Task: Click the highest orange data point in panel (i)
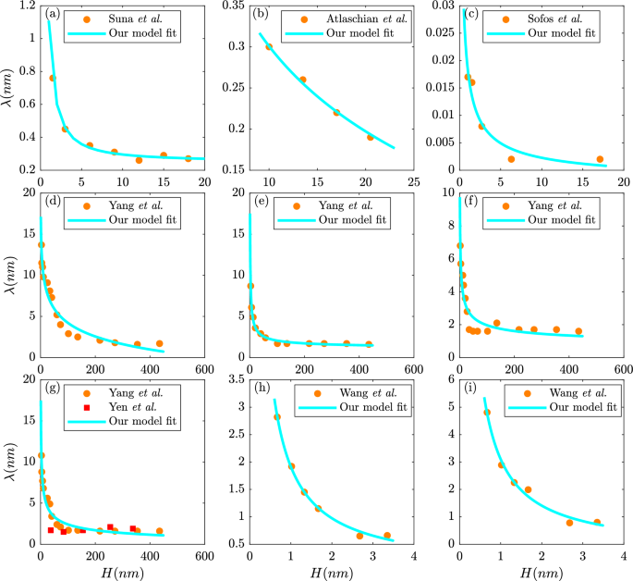pos(487,413)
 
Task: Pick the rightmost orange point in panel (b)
pos(370,137)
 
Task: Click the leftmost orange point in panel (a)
pos(53,78)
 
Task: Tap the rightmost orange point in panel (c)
pos(600,159)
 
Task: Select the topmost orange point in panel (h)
pos(276,417)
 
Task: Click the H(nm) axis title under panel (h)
pos(331,574)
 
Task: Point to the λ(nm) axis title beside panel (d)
pos(10,276)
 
